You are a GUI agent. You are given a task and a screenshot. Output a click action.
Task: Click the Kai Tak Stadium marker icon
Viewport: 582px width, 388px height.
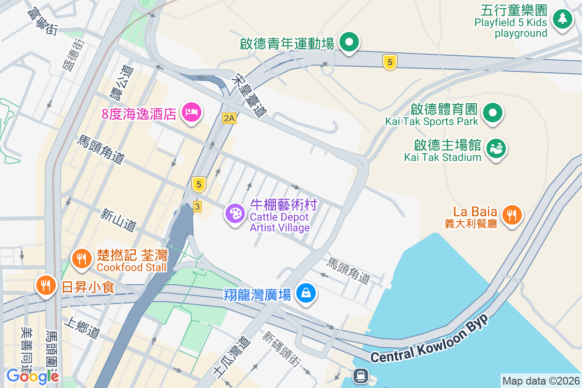tap(495, 147)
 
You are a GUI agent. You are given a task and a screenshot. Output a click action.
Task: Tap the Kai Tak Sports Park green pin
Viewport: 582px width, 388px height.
tap(493, 113)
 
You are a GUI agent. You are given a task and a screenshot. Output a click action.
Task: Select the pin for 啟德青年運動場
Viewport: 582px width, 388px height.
tap(348, 42)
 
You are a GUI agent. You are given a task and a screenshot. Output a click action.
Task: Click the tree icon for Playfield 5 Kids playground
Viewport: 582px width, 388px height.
tap(562, 18)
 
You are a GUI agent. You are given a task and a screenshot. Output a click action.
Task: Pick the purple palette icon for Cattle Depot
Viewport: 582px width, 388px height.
tap(235, 213)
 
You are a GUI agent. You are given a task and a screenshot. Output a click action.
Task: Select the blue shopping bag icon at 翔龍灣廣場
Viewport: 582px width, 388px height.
tap(306, 292)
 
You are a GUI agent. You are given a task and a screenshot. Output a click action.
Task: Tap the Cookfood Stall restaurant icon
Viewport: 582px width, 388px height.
tap(82, 258)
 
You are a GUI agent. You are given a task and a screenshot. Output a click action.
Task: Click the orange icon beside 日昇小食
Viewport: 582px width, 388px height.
tap(47, 285)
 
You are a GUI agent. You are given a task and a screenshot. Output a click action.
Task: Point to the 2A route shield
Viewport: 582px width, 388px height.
tap(229, 118)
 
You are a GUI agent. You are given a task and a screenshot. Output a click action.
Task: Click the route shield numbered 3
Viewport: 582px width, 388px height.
tap(197, 206)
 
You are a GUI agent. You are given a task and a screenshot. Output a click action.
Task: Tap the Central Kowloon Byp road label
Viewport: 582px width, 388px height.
tap(428, 343)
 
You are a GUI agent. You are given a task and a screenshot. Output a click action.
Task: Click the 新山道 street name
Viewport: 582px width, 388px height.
tap(119, 220)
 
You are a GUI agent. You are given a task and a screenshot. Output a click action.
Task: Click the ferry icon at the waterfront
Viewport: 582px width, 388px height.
tap(361, 375)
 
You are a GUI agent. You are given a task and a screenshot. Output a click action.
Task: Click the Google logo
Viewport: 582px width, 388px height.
tap(32, 376)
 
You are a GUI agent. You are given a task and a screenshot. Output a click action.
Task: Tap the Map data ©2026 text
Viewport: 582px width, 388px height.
tap(541, 381)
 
